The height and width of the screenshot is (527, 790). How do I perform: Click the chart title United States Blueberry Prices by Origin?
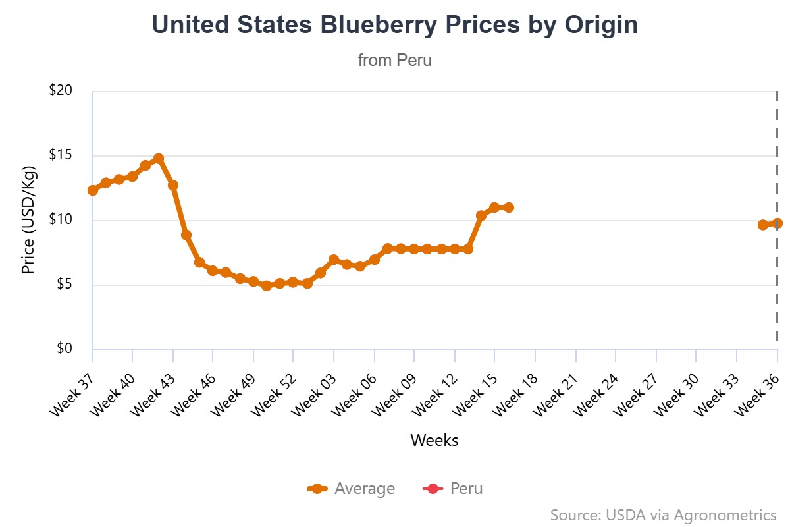[395, 25]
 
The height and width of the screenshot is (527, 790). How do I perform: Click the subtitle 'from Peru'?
[395, 60]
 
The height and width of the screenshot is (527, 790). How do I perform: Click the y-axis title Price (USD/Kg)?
[28, 221]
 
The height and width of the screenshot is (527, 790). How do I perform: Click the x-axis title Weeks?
[434, 440]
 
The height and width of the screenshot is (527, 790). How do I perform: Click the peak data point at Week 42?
[159, 159]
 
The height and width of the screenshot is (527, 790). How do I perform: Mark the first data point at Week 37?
[93, 190]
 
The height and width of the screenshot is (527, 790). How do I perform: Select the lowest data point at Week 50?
[267, 285]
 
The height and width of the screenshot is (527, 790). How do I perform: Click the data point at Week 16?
[508, 208]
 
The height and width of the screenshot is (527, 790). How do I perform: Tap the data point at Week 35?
[763, 225]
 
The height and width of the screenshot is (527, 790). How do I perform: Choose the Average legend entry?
[352, 489]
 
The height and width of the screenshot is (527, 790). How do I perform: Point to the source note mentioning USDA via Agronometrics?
[663, 514]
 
